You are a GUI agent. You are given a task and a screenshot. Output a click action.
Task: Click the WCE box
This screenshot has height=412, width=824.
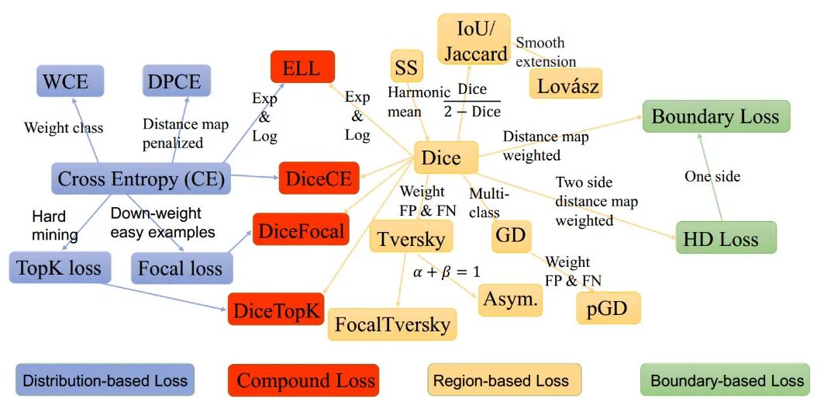tap(65, 81)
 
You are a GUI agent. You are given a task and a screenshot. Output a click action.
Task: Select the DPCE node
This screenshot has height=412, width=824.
tap(176, 81)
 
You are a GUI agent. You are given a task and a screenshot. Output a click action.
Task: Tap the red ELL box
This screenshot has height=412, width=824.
tap(302, 68)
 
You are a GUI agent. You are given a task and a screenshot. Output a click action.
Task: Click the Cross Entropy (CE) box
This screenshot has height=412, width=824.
tap(141, 179)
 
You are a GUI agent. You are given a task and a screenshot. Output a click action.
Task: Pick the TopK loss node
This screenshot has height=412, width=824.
tap(60, 268)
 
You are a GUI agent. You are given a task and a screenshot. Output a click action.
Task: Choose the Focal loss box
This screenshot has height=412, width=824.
tap(181, 268)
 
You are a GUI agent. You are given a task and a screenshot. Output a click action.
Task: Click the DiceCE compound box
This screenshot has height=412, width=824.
tap(319, 179)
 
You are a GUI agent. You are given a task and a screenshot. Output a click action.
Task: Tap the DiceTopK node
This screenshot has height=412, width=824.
tap(275, 310)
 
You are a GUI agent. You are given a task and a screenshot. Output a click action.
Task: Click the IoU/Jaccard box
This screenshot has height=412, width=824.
tap(474, 40)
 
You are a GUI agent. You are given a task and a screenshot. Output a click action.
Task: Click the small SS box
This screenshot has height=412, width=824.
tap(406, 68)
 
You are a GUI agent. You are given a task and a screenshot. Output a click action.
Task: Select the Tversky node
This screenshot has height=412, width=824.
tap(411, 238)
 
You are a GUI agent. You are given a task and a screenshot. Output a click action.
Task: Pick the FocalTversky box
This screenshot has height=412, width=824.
tap(392, 324)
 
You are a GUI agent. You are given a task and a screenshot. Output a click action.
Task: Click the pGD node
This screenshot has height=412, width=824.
tap(609, 308)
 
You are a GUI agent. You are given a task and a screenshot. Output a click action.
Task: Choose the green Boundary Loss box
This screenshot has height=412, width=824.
tap(715, 117)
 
